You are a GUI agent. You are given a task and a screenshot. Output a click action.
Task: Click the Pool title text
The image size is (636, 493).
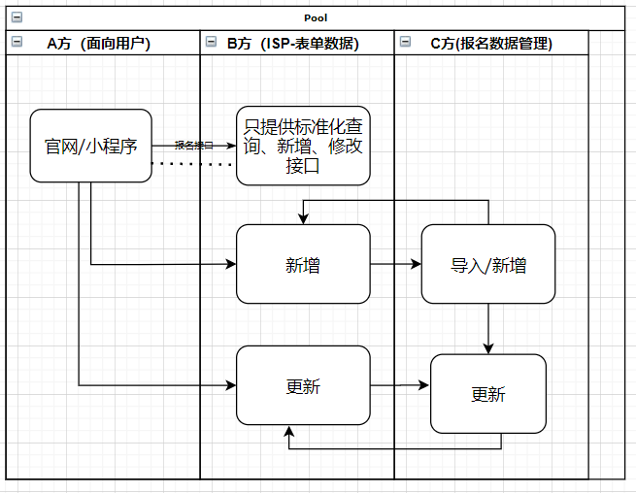316,17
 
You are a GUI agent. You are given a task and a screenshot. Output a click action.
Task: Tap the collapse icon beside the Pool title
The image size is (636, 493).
17,17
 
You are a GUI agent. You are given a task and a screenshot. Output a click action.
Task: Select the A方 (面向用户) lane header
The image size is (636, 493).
98,43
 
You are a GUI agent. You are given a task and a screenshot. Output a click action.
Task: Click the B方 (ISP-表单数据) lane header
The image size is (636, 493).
292,43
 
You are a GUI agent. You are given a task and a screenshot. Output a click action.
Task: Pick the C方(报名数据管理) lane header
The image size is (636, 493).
491,43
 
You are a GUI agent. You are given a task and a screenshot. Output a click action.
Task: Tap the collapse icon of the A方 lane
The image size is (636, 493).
17,42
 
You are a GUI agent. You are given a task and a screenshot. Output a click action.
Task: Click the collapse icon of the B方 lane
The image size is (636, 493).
211,42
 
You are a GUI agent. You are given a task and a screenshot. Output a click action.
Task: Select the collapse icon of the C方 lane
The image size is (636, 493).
405,42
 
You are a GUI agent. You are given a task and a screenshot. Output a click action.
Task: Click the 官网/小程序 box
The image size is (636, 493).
90,146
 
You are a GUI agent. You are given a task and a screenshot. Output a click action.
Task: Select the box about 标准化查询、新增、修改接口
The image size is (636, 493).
303,146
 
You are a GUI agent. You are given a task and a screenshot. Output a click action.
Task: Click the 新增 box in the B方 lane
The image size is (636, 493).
303,264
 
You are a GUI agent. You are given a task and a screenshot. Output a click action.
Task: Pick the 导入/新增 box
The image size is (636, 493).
488,264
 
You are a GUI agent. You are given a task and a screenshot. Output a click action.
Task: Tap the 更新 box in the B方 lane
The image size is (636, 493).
303,385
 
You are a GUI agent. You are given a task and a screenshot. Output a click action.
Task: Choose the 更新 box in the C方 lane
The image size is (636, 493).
488,393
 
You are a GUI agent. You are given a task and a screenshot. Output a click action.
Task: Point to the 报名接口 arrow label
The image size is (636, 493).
193,146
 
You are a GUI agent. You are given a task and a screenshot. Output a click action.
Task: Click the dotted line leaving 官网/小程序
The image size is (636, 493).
194,164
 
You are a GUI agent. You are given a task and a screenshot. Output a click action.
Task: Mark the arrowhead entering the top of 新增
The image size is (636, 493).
304,219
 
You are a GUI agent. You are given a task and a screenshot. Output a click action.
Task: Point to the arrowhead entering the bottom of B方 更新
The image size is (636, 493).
288,430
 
